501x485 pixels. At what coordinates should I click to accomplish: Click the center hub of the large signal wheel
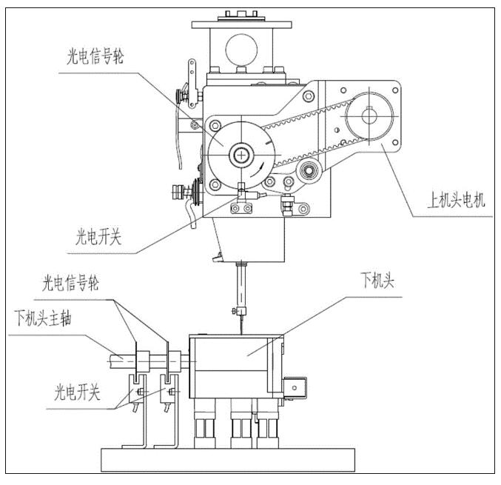[241, 155]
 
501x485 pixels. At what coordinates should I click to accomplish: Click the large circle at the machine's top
[242, 49]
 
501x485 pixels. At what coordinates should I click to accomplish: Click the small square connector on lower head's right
[297, 387]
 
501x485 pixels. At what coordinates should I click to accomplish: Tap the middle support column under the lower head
[241, 425]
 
